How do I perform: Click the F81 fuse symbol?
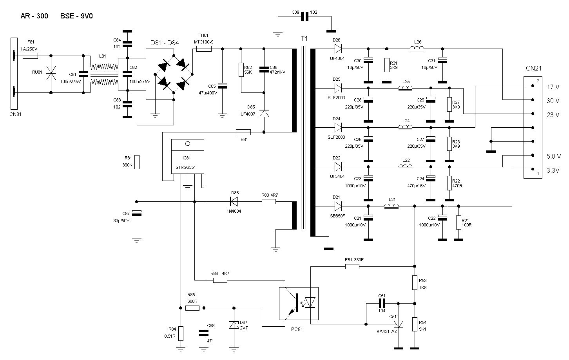(30, 56)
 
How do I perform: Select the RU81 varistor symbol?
(51, 73)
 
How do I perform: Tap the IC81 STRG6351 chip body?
(188, 156)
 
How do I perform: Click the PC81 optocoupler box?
(299, 303)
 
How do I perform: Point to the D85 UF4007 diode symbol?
(264, 114)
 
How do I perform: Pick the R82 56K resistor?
(241, 70)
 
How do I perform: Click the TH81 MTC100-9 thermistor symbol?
(204, 49)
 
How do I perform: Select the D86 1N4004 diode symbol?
(234, 202)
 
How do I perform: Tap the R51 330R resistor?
(352, 267)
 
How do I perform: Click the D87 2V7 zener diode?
(234, 325)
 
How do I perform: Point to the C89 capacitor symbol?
(304, 16)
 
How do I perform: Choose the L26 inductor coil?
(417, 49)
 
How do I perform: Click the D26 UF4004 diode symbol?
(338, 49)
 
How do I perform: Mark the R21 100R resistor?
(458, 223)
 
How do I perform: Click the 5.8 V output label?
(553, 156)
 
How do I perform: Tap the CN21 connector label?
(533, 68)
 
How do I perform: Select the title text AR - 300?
(34, 16)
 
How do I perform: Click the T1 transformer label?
(304, 39)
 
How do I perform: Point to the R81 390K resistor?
(137, 162)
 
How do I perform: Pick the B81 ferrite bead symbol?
(243, 132)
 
